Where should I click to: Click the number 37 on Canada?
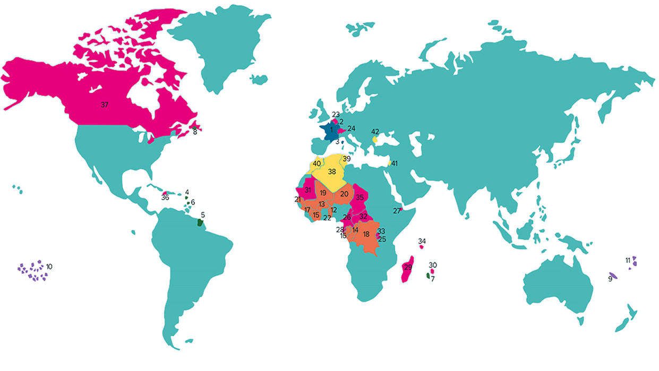pos(105,105)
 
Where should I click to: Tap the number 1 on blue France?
pos(331,129)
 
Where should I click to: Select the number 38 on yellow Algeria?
pos(332,172)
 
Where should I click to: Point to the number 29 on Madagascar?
pos(408,266)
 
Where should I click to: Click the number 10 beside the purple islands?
pos(49,266)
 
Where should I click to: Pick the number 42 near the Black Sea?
pos(375,132)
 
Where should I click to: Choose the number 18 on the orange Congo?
pos(366,234)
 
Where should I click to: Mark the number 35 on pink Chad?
pos(360,197)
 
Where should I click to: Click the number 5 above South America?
pos(203,215)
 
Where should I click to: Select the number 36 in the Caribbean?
pos(165,197)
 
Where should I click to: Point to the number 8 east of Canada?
pos(195,131)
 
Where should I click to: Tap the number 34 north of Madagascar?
pos(422,241)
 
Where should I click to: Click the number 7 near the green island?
pos(433,279)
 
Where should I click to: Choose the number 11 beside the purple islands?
pos(628,260)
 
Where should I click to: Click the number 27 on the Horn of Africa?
pos(397,211)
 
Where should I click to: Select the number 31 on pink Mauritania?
pos(307,190)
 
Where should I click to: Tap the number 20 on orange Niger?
pos(344,194)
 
